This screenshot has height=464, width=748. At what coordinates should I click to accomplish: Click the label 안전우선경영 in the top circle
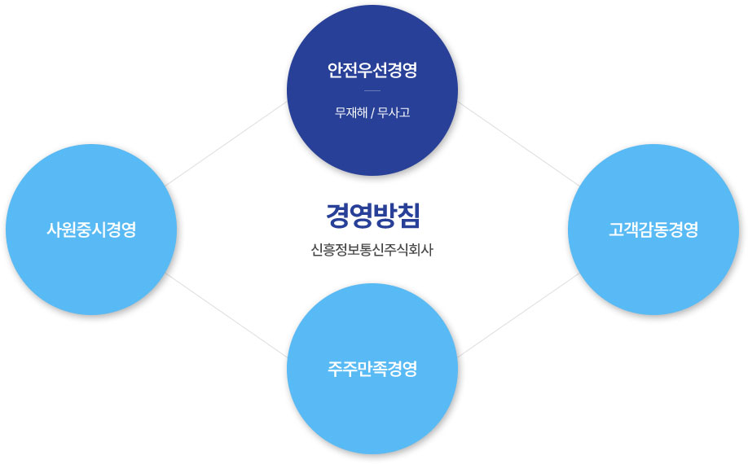(372, 70)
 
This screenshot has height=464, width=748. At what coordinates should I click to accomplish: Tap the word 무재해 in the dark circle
(350, 113)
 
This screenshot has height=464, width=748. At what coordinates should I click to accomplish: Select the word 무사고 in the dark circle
(394, 113)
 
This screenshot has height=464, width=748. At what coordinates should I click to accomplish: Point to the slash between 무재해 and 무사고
(372, 113)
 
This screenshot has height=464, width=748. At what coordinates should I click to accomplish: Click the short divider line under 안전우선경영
(372, 90)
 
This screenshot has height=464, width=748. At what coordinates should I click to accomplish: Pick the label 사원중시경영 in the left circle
(91, 229)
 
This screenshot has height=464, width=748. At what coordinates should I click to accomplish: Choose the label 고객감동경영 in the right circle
(653, 229)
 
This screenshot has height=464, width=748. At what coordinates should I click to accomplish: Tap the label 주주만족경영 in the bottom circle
(372, 369)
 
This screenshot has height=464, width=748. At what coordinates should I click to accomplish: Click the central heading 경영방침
(372, 216)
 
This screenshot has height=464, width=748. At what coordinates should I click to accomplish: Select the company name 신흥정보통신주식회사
(372, 250)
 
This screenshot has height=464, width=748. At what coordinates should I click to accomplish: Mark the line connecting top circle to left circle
(226, 143)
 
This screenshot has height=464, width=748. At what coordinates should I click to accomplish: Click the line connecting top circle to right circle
(518, 143)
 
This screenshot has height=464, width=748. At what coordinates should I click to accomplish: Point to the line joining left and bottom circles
(227, 315)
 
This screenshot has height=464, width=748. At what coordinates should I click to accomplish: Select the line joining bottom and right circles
(518, 315)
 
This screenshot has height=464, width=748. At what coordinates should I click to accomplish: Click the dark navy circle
(372, 90)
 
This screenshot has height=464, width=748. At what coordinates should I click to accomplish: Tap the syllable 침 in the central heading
(408, 216)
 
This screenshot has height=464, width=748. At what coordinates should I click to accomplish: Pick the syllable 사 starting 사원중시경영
(54, 229)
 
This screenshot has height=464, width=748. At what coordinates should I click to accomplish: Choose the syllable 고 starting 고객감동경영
(615, 229)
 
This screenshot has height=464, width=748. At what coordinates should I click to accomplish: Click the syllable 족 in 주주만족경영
(380, 369)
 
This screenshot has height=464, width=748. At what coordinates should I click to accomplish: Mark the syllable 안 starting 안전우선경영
(334, 70)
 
